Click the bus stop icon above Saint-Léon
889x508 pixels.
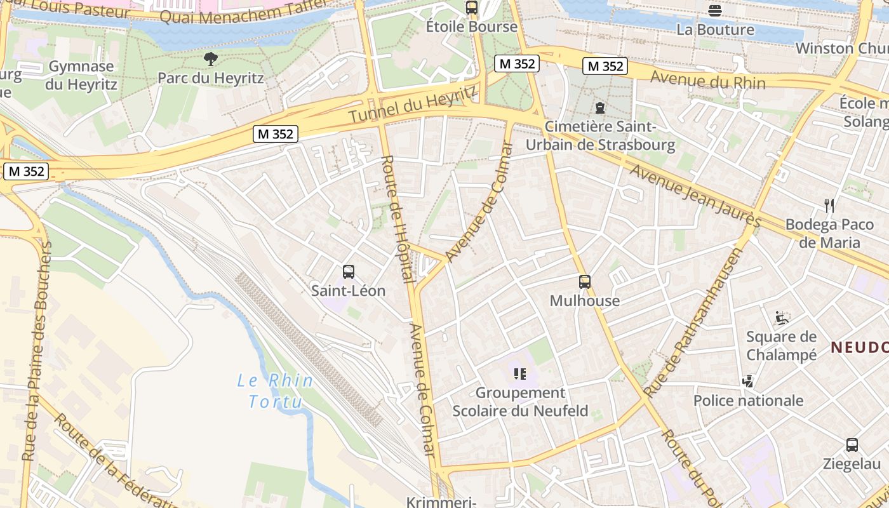[x=349, y=272]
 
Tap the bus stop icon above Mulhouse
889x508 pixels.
[x=585, y=281]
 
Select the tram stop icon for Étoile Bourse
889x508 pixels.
[x=471, y=8]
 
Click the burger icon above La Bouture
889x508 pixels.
[x=715, y=10]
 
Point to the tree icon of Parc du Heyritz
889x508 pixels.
[x=211, y=59]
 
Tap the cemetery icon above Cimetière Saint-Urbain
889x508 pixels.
[x=600, y=107]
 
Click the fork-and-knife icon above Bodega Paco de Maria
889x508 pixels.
[x=829, y=205]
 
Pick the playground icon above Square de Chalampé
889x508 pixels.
[x=782, y=317]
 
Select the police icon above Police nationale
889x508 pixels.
[x=748, y=381]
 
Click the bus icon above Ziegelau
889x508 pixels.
[x=852, y=444]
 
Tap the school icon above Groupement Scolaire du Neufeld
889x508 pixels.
[x=520, y=373]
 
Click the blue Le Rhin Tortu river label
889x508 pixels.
[x=275, y=391]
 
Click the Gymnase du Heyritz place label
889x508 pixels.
[x=81, y=75]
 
